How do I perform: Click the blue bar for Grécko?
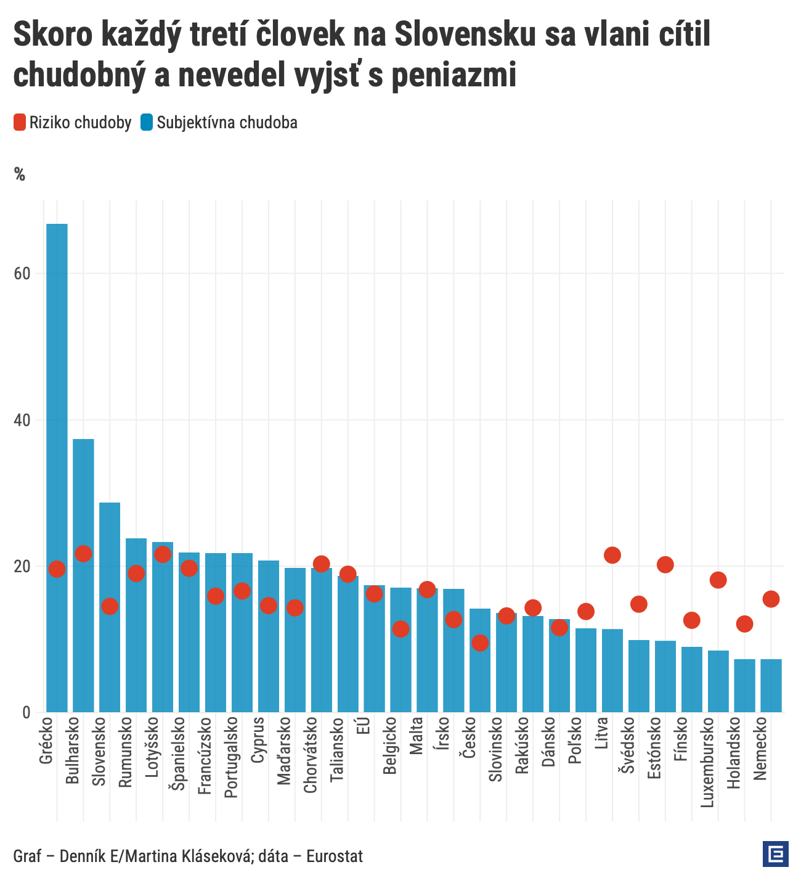point(57,469)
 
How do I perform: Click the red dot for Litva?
point(612,555)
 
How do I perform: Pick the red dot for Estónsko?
point(665,564)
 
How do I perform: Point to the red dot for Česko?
point(480,643)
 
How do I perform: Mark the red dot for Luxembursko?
point(718,580)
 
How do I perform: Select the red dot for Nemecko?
point(771,599)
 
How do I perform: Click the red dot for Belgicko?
point(401,629)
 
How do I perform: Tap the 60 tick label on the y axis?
point(22,274)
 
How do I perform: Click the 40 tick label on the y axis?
point(22,420)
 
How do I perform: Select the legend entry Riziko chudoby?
point(73,123)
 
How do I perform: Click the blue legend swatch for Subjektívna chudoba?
point(146,123)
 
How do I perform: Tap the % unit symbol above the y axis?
point(20,175)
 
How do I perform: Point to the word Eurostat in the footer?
point(335,856)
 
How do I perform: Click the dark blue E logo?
point(775,854)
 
